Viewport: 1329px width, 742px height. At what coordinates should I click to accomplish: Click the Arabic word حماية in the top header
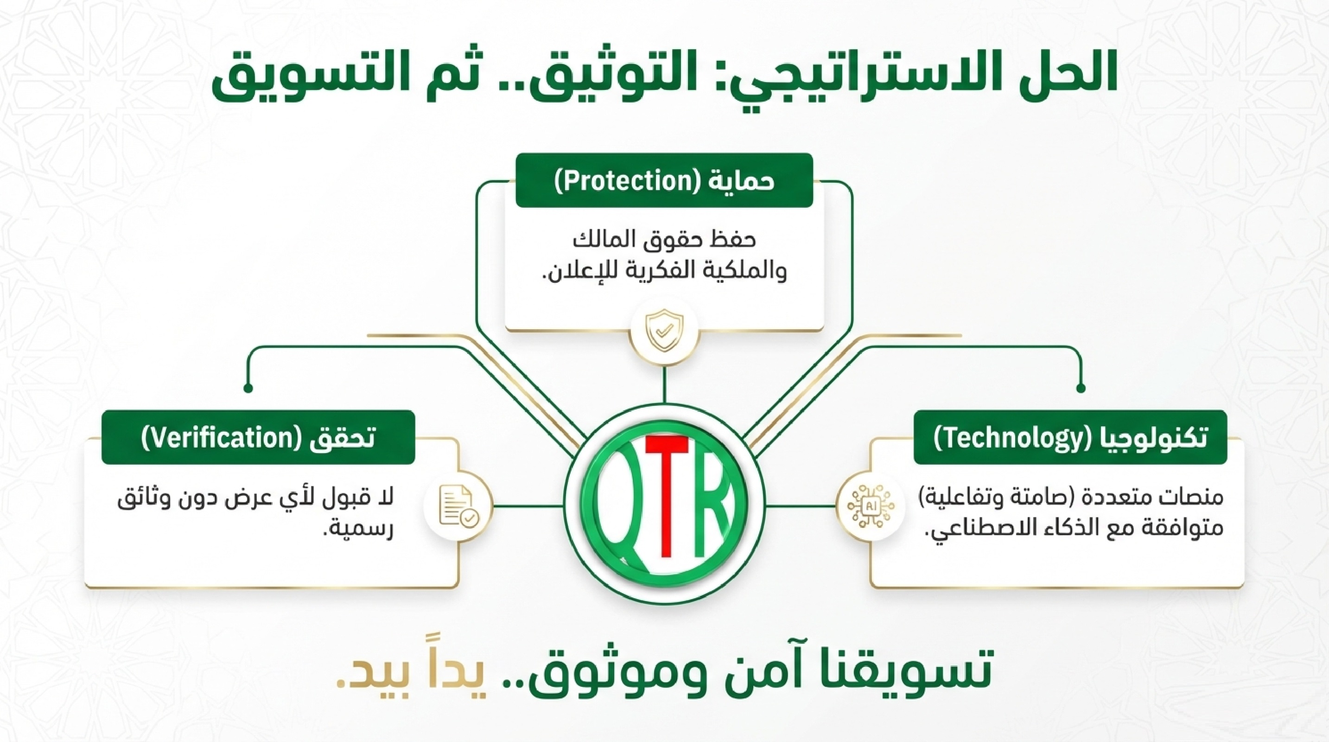[741, 182]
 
